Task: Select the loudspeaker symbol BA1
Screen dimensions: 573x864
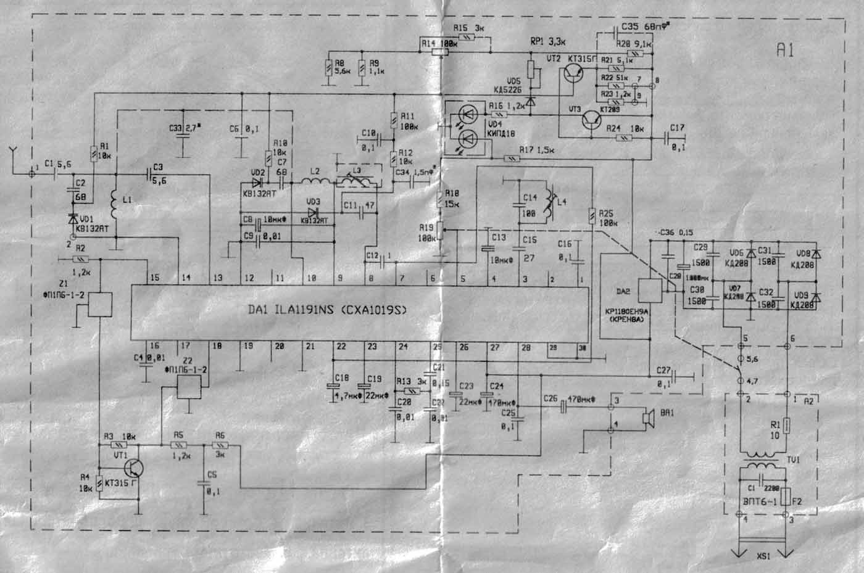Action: (649, 419)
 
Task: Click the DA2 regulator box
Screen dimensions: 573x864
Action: (649, 291)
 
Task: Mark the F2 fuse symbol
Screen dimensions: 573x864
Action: (786, 496)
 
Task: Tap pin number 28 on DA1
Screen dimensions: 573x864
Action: (525, 348)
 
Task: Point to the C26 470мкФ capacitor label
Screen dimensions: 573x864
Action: (571, 398)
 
